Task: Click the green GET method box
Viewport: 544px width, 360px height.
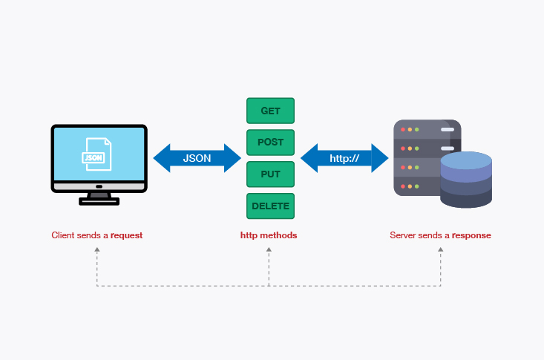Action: tap(270, 111)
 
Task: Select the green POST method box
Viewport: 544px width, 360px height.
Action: tap(270, 143)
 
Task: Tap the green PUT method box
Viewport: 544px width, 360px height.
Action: tap(270, 174)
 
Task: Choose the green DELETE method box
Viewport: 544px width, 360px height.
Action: tap(270, 206)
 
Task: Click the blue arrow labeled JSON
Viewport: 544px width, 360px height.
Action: tap(197, 158)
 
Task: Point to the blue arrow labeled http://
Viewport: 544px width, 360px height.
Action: tap(344, 158)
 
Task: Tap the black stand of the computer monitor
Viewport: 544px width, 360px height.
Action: tap(98, 198)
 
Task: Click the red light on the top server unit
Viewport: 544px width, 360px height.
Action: tap(403, 130)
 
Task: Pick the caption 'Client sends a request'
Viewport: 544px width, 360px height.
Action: tap(96, 235)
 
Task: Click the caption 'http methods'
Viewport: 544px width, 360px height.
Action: tap(269, 235)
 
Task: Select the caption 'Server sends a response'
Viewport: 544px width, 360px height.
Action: tap(440, 235)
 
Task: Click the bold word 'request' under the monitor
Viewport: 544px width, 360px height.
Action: tap(126, 235)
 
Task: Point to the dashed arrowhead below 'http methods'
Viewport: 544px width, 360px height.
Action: tap(269, 250)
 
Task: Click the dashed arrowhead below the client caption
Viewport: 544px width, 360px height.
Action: tap(97, 250)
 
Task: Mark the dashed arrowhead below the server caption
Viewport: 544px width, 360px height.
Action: tap(441, 250)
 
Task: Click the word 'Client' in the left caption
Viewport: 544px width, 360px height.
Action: tap(62, 235)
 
